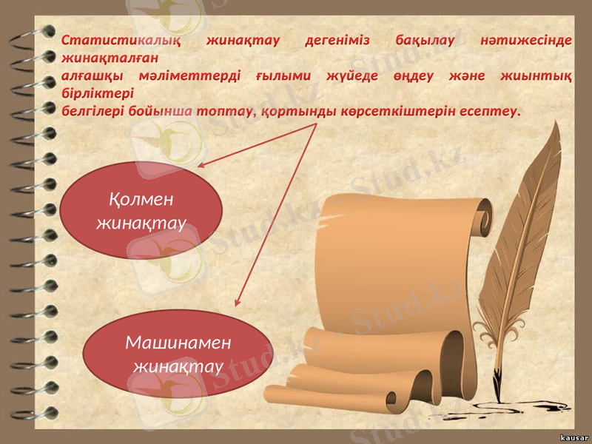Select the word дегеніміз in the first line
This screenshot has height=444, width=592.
pos(337,39)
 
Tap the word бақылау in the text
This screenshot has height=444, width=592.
pos(424,39)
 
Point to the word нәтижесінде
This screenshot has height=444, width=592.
pos(526,39)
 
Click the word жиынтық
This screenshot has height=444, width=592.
pos(539,75)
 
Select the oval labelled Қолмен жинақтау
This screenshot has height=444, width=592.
pos(141,209)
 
